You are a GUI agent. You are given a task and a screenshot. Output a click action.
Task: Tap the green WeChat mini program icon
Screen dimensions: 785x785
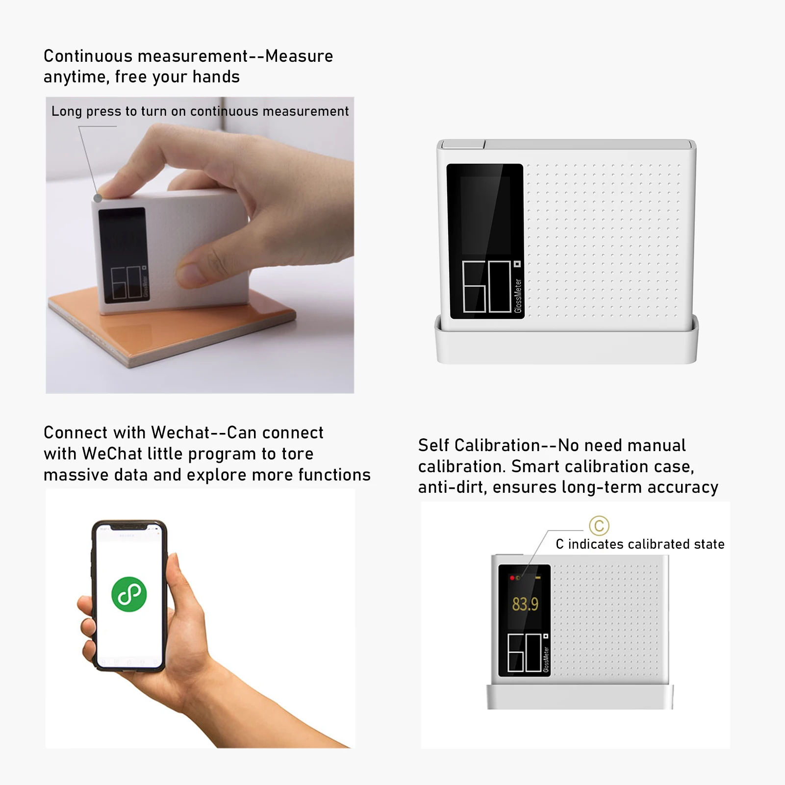[129, 594]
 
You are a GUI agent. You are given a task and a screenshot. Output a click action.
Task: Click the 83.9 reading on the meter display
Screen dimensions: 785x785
[525, 604]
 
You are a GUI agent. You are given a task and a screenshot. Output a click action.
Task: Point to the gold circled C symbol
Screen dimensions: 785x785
[599, 526]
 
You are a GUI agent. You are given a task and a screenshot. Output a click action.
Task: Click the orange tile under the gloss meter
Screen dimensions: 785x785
[172, 329]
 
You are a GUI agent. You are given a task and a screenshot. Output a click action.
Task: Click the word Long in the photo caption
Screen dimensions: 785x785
[67, 112]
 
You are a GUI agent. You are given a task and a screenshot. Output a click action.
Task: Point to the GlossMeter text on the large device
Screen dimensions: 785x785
[518, 296]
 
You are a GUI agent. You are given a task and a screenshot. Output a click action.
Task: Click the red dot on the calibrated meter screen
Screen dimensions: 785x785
[512, 578]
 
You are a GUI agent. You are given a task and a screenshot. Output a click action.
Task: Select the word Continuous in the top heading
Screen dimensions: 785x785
[88, 56]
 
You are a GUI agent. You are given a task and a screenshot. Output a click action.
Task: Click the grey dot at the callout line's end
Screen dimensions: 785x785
[98, 198]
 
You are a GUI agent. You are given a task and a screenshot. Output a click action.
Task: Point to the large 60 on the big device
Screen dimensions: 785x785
[487, 286]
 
